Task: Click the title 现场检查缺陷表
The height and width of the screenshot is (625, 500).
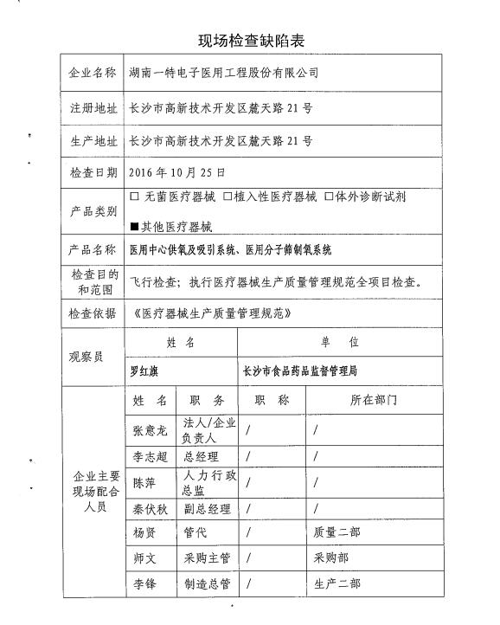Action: click(249, 40)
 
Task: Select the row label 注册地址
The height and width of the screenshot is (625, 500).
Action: click(93, 109)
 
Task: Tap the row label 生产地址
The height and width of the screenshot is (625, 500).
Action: click(93, 140)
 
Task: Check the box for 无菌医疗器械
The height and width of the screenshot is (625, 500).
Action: click(134, 197)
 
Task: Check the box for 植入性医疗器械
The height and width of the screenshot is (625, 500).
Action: click(228, 197)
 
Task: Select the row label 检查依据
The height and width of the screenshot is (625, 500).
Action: click(93, 312)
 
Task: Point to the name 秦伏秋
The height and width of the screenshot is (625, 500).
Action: click(150, 508)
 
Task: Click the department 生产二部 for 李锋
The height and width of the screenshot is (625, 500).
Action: click(337, 584)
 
